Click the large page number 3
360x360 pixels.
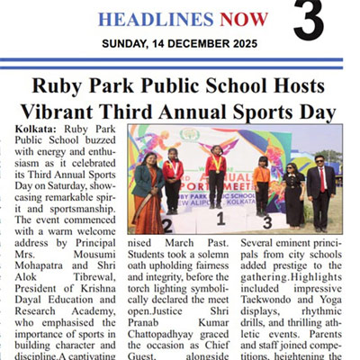[308, 22]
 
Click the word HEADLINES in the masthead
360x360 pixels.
[150, 19]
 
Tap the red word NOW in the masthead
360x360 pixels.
[238, 19]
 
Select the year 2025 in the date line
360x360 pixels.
[238, 42]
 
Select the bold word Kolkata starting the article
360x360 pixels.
[36, 130]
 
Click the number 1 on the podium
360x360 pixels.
[219, 217]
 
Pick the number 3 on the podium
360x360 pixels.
[266, 221]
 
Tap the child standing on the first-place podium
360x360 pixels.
[216, 176]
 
